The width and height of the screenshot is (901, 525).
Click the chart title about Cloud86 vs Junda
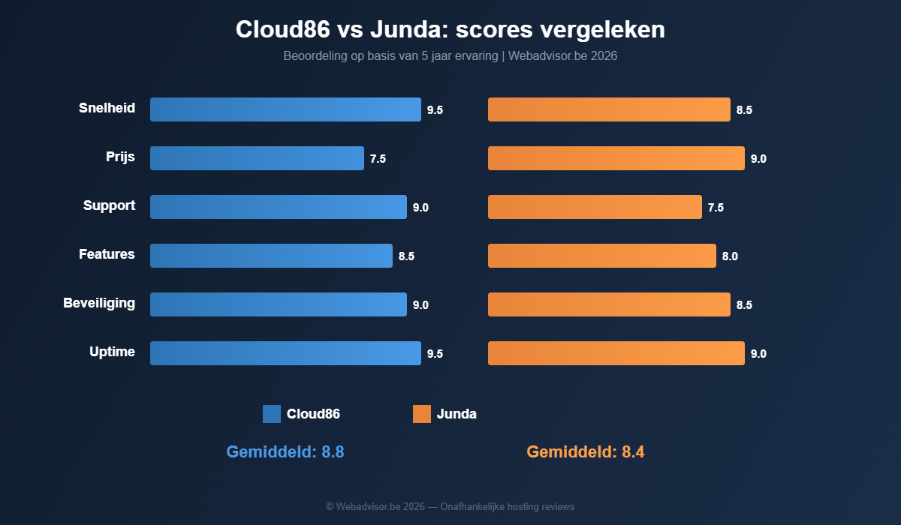coord(450,29)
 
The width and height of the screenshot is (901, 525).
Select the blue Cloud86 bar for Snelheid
coord(285,109)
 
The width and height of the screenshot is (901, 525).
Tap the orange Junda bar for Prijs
coord(616,158)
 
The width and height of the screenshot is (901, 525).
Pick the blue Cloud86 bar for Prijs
coord(257,158)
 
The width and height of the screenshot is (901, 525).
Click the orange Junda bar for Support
coord(595,207)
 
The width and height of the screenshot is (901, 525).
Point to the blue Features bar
coord(271,256)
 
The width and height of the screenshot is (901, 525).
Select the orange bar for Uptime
coord(616,353)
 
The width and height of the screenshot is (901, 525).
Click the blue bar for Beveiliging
coord(278,304)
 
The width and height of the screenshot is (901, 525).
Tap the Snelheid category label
coord(107,108)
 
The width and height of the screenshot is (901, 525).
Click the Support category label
coord(109,205)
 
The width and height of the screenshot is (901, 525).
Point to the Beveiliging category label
coord(99,303)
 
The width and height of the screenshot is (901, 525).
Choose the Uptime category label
coord(112,352)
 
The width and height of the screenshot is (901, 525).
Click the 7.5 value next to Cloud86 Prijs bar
coord(378,159)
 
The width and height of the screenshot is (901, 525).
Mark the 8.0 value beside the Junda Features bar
coord(730,256)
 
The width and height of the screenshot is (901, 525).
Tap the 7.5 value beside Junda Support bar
coord(716,208)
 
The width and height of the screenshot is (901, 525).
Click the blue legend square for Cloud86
coord(272,414)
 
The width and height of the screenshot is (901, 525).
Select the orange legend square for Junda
coord(422,414)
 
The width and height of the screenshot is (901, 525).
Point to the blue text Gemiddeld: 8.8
coord(285,451)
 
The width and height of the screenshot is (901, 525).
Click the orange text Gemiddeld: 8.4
coord(586,451)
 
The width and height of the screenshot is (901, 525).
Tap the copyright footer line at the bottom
coord(450,507)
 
